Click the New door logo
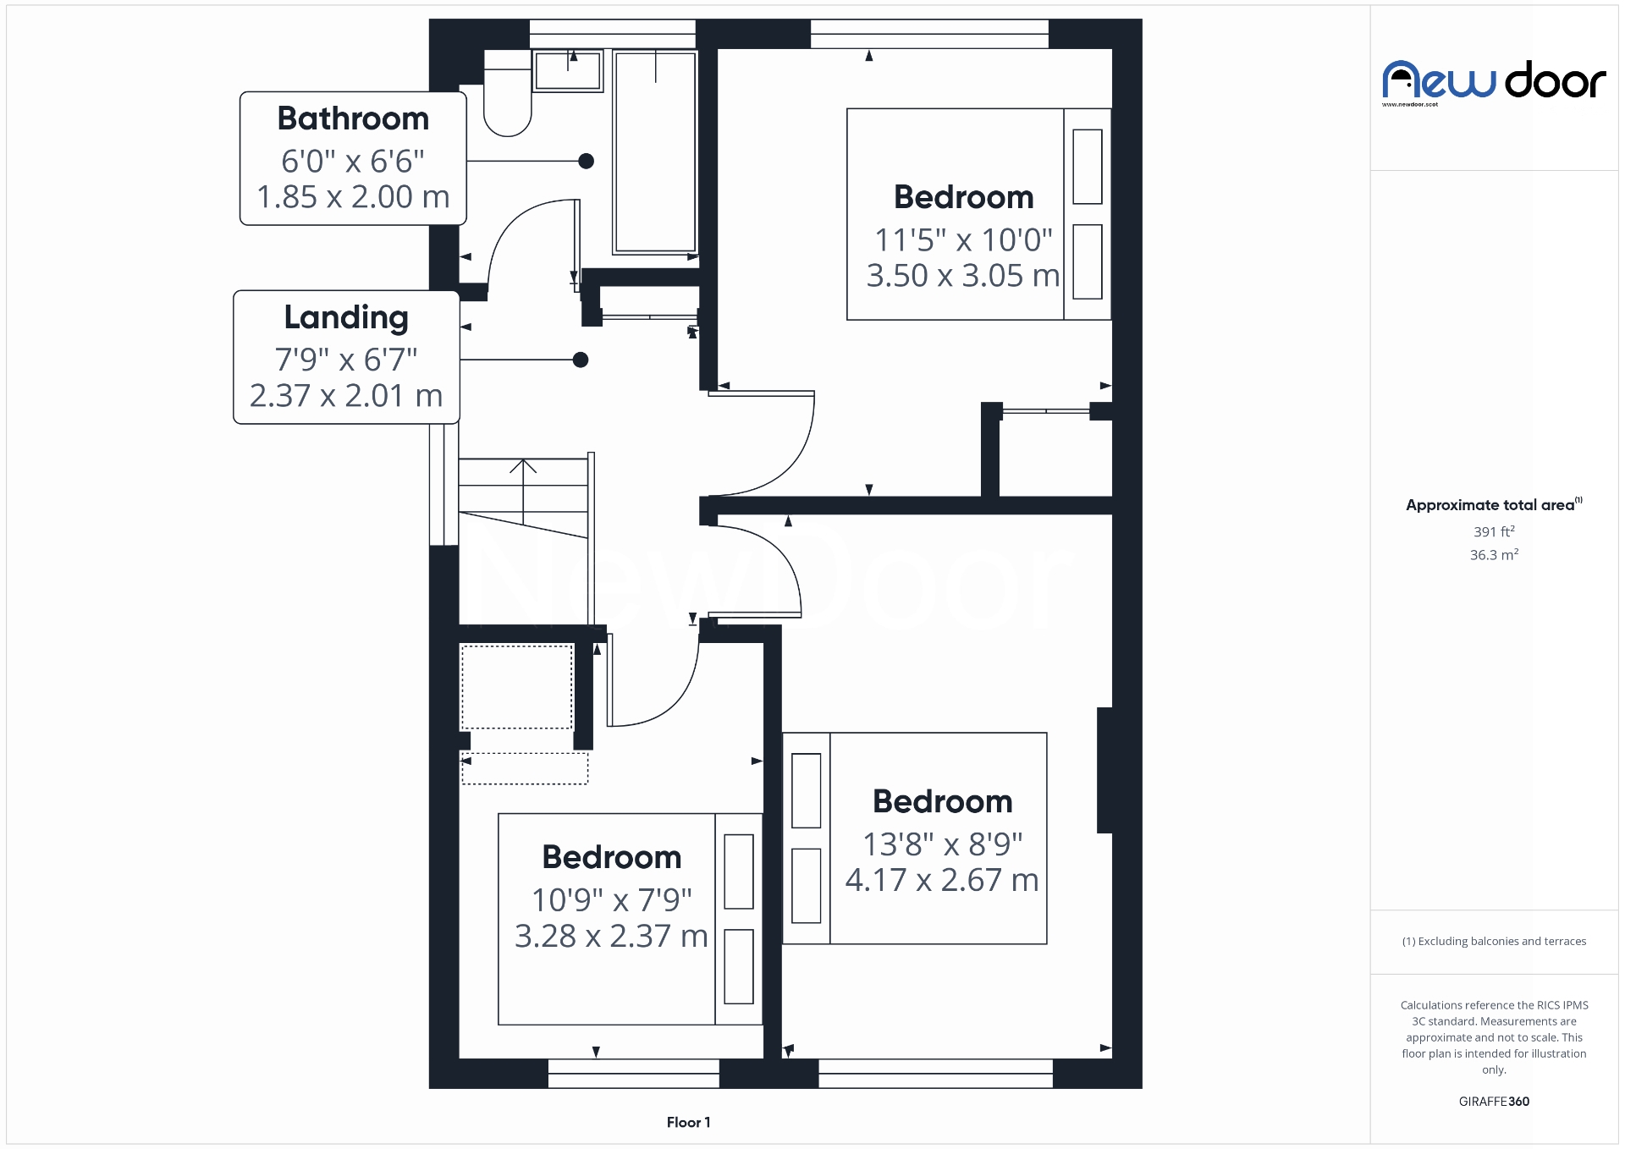[1494, 82]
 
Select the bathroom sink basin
[568, 71]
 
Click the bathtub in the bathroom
[655, 152]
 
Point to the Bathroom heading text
[353, 119]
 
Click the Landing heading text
[346, 318]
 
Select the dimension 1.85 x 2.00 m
[353, 197]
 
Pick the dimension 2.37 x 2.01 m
[346, 396]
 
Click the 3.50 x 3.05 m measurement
[963, 276]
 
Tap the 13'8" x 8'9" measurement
[942, 844]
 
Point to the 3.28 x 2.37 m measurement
[611, 937]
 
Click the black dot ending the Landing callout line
[581, 360]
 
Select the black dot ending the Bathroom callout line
[586, 162]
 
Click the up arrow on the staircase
[523, 468]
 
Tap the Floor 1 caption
[688, 1123]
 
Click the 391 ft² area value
[1494, 532]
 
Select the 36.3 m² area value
[1494, 555]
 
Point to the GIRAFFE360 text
[1494, 1102]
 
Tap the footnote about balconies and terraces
[1494, 942]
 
